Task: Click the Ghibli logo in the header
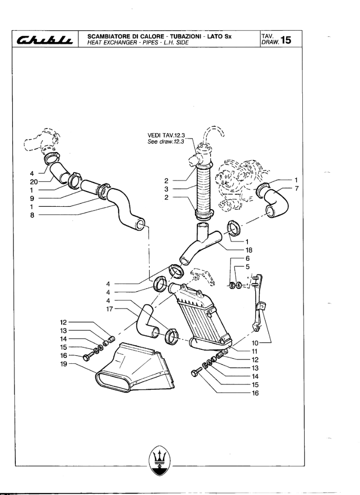(45, 40)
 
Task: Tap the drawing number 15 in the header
(285, 40)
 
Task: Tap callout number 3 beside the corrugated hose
(166, 189)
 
